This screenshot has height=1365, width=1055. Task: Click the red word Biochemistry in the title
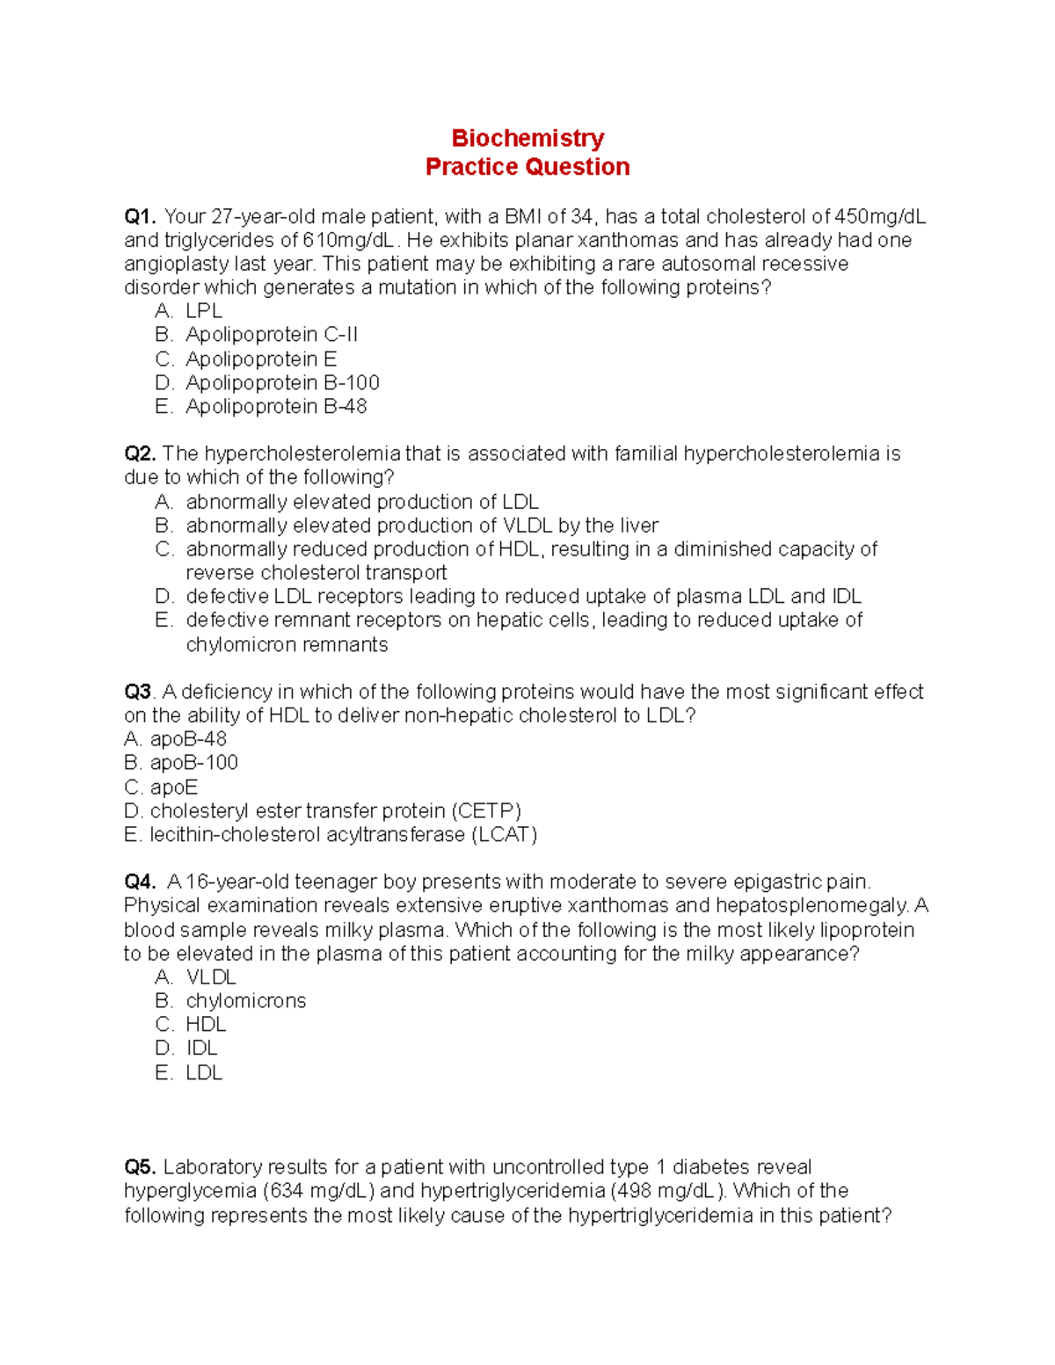pyautogui.click(x=527, y=138)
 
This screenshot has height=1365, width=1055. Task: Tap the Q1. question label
pyautogui.click(x=140, y=217)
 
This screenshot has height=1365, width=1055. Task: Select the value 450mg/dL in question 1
pyautogui.click(x=879, y=217)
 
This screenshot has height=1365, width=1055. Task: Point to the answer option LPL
pyautogui.click(x=204, y=311)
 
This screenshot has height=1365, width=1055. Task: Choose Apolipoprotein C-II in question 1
pyautogui.click(x=272, y=335)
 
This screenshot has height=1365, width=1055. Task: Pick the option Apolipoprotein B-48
pyautogui.click(x=276, y=407)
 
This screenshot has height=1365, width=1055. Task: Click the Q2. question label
pyautogui.click(x=140, y=454)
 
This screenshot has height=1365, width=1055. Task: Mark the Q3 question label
pyautogui.click(x=138, y=693)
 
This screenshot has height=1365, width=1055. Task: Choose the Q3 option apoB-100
pyautogui.click(x=193, y=763)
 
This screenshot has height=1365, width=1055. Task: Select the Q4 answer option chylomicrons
pyautogui.click(x=245, y=1001)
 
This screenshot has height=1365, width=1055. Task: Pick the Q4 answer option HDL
pyautogui.click(x=206, y=1025)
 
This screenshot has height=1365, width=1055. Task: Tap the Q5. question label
pyautogui.click(x=140, y=1168)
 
